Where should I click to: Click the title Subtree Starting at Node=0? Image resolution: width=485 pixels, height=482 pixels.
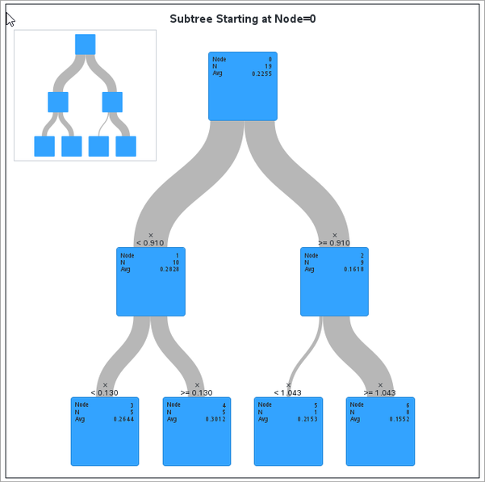(x=242, y=18)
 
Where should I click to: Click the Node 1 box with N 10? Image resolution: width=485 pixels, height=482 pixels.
(x=151, y=282)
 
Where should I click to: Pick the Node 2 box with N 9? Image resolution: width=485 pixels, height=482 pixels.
(x=334, y=282)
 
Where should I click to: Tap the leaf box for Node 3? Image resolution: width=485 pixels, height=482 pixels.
(x=105, y=432)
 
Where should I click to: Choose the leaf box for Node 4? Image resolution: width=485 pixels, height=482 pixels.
(x=197, y=432)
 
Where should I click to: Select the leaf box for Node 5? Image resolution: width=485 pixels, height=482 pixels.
(x=288, y=432)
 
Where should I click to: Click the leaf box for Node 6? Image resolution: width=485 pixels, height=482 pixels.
(x=380, y=432)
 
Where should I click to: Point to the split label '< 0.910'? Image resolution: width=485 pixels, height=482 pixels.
(x=150, y=242)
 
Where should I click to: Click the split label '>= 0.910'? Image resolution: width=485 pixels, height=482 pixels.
(x=334, y=242)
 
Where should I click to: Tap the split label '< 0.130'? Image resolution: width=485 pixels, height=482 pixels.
(x=104, y=392)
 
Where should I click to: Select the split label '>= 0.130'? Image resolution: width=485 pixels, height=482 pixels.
(x=197, y=392)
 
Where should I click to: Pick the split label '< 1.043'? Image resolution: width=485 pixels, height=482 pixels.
(x=288, y=392)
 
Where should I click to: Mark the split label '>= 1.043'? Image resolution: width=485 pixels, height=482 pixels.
(x=380, y=392)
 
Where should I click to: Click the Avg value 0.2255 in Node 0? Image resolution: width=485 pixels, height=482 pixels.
(x=261, y=73)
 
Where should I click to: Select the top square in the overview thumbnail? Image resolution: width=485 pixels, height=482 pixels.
(x=85, y=44)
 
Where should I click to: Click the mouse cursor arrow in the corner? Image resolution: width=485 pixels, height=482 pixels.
(x=10, y=19)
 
